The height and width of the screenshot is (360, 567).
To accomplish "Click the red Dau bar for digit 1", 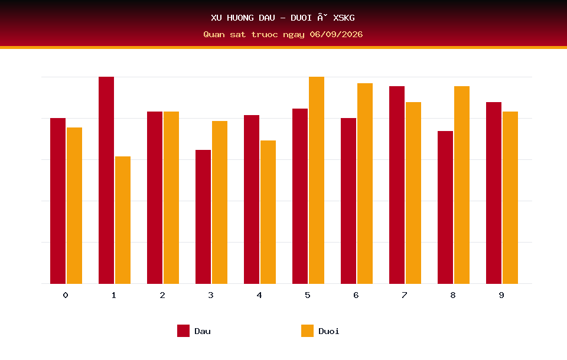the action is click(x=106, y=180).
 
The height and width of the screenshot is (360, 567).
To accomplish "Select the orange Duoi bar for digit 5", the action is click(x=317, y=180).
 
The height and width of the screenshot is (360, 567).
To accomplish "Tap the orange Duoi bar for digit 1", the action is click(x=123, y=220).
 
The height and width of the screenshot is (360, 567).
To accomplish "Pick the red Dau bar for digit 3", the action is click(x=203, y=217).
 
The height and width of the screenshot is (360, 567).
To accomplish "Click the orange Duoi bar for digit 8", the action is click(x=462, y=185).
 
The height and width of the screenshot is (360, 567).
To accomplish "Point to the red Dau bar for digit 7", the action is click(x=397, y=185).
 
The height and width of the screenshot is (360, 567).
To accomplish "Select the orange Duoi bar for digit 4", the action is click(x=268, y=212).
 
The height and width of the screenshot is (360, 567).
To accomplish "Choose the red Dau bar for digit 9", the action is click(x=494, y=193).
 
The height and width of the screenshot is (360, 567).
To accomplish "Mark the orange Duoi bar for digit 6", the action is click(x=365, y=184).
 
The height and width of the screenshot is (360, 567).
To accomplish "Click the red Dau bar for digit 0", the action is click(x=58, y=201).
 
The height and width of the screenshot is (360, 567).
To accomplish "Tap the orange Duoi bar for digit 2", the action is click(x=171, y=198).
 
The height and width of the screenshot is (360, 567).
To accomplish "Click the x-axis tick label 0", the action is click(x=66, y=295).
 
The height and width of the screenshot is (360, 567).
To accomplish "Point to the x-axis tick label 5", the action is click(x=307, y=295).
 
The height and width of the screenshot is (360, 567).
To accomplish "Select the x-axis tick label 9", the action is click(x=501, y=295).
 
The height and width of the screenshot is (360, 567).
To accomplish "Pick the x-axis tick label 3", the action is click(x=211, y=295).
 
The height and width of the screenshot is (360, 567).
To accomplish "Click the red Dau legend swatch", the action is click(x=183, y=330).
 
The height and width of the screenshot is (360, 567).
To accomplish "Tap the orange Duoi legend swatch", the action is click(x=307, y=330).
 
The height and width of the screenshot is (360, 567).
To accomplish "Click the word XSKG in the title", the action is click(x=344, y=18).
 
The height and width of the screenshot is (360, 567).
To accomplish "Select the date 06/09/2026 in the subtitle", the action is click(x=336, y=34).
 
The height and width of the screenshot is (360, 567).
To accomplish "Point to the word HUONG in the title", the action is click(x=240, y=18).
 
